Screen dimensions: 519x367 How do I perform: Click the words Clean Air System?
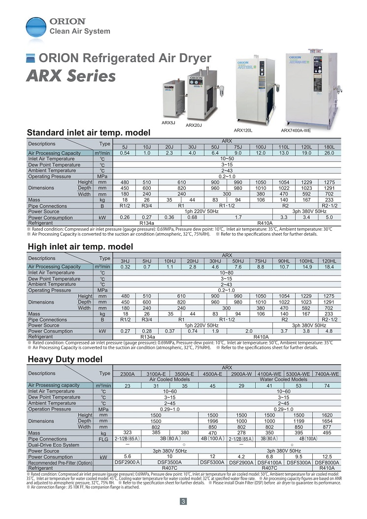80,32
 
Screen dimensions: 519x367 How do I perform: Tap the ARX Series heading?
71,76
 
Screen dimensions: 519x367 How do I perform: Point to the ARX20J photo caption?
194,125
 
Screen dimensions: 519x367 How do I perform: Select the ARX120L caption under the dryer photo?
243,130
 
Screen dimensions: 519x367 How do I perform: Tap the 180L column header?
329,147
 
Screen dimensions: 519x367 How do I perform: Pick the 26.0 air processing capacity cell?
329,153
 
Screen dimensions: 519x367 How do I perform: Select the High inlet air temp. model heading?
80,246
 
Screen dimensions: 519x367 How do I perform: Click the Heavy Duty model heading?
65,359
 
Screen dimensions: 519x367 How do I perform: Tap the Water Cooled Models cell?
284,380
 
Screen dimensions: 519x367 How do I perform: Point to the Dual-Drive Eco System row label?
54,445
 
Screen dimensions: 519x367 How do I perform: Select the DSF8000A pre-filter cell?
327,462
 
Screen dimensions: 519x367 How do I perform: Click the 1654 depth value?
327,421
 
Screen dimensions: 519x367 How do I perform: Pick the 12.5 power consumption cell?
327,456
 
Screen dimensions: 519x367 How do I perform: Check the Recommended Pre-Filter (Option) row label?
60,463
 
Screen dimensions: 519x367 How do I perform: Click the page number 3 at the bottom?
183,502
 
